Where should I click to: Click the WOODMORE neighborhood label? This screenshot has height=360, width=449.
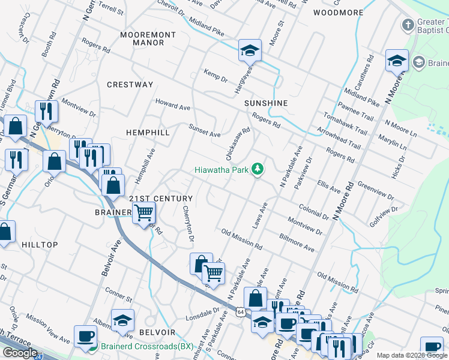pos(339,13)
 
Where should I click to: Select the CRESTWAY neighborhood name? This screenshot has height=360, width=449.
pos(130,85)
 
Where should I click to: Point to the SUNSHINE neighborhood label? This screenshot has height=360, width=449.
pos(266,103)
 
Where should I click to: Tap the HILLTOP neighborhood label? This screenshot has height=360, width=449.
pos(40,245)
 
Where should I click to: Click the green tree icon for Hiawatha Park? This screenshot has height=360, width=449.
pos(258,169)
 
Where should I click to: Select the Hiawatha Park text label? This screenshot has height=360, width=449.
pos(221,170)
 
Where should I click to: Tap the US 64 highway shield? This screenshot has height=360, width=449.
pos(241,312)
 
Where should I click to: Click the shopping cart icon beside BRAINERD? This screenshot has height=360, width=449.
pos(144,212)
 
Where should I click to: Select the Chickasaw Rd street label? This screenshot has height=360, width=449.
pos(237,139)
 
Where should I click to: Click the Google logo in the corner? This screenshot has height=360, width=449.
pos(19,353)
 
